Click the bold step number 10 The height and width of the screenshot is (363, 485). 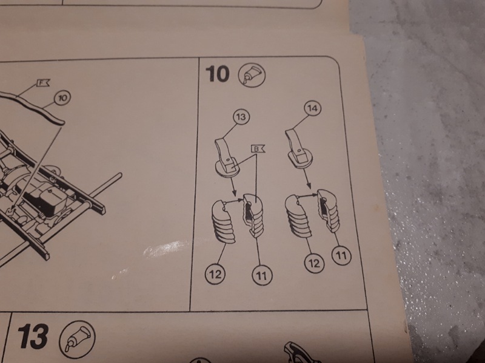coord(218,74)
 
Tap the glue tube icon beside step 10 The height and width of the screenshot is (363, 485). coord(252,74)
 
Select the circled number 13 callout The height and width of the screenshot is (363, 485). coord(241,117)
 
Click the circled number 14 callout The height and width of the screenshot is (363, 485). coord(313,108)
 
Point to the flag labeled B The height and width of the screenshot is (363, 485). coord(258,149)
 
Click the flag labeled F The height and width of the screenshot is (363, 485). coord(43,83)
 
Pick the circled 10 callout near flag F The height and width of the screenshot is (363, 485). coord(62,98)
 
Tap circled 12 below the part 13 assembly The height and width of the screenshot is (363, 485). coord(216,274)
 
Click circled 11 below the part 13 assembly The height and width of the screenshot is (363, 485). coord(262,275)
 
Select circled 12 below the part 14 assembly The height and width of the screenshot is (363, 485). coord(314,263)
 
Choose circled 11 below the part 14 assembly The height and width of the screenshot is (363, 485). coord(341,255)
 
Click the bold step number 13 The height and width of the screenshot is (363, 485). coord(33,336)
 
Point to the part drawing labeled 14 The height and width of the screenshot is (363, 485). coord(298,148)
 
